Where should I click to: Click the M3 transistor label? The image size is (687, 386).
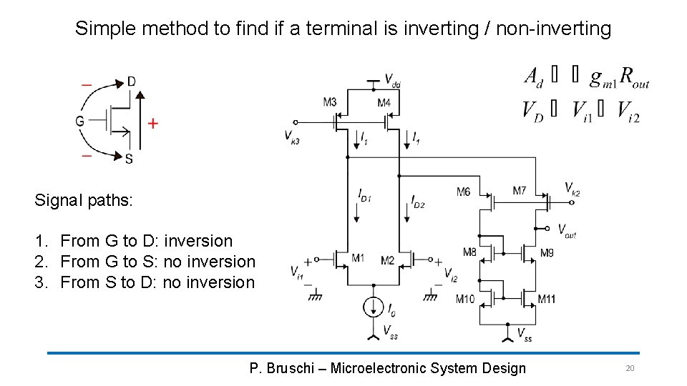(330, 103)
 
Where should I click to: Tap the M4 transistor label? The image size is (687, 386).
(384, 103)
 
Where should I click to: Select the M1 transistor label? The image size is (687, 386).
(359, 258)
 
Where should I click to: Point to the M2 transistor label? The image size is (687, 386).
(387, 260)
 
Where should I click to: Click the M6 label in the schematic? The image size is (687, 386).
(464, 191)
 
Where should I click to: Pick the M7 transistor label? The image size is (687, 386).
(520, 190)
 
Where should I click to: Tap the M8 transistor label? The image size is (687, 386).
(469, 252)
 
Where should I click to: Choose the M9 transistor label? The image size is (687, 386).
(547, 252)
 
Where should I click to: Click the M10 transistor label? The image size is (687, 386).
(465, 299)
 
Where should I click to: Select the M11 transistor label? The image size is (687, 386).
(546, 299)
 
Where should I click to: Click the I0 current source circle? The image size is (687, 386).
(373, 307)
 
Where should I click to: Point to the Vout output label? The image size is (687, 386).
(567, 229)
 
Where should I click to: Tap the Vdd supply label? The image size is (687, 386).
(392, 79)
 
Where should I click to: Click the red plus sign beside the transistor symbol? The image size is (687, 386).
(152, 124)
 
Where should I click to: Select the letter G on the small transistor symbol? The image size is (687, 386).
(79, 122)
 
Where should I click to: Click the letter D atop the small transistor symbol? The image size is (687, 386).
(131, 81)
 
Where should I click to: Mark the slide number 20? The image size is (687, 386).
(630, 368)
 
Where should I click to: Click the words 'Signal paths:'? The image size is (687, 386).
(84, 200)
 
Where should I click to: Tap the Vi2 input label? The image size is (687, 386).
(451, 272)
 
